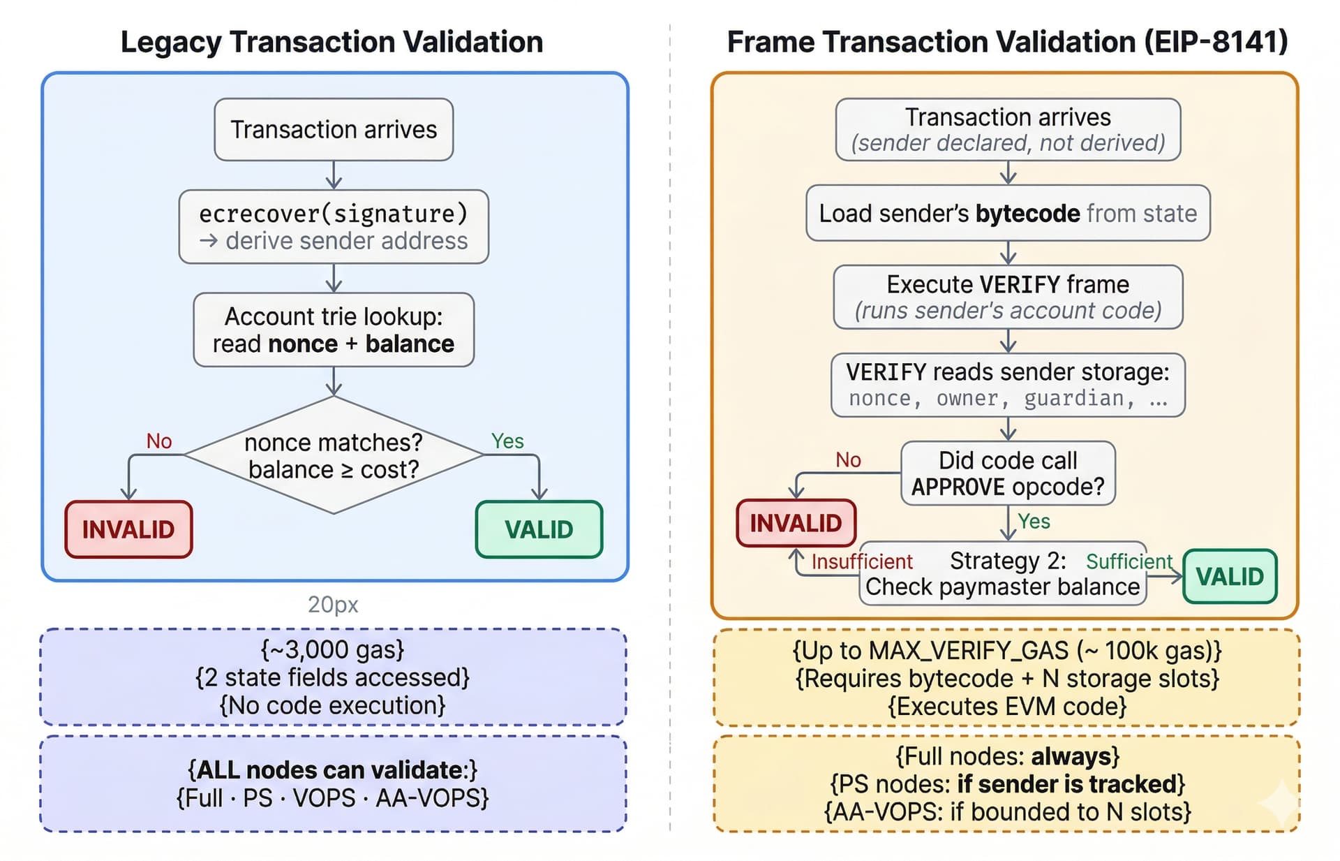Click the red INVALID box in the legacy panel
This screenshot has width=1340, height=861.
pyautogui.click(x=128, y=529)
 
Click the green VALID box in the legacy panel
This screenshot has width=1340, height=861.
pyautogui.click(x=539, y=529)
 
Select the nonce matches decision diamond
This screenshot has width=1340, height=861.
pyautogui.click(x=334, y=456)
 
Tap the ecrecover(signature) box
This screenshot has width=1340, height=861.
pyautogui.click(x=334, y=227)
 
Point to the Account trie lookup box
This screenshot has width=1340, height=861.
pyautogui.click(x=334, y=330)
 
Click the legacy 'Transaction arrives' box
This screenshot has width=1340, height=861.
pyautogui.click(x=334, y=130)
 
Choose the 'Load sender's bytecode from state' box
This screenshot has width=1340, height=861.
pyautogui.click(x=1008, y=213)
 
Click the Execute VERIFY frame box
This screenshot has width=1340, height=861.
pyautogui.click(x=1008, y=297)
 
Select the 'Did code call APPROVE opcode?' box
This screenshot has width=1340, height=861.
pyautogui.click(x=1008, y=473)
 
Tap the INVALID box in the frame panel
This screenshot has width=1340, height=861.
pyautogui.click(x=796, y=523)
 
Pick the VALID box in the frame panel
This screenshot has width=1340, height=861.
pyautogui.click(x=1230, y=577)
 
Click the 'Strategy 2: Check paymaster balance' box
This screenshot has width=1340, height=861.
pyautogui.click(x=1002, y=574)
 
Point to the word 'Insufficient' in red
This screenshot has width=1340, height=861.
pyautogui.click(x=862, y=561)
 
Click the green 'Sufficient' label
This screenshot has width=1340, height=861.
pyautogui.click(x=1129, y=561)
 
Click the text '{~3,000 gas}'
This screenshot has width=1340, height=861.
pyautogui.click(x=333, y=649)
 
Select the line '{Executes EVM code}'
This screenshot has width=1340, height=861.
pyautogui.click(x=1007, y=706)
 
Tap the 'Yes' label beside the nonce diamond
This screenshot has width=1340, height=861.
pyautogui.click(x=507, y=441)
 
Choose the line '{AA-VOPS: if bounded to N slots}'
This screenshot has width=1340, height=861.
pyautogui.click(x=1007, y=811)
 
